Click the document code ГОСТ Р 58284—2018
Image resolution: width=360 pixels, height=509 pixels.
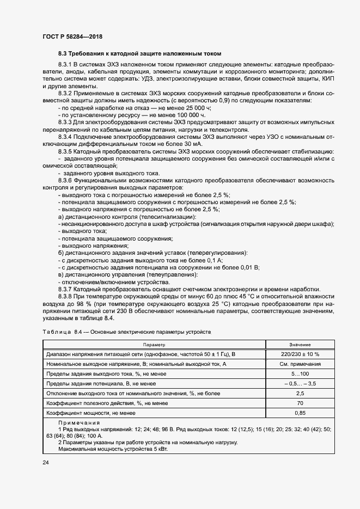pos(72,36)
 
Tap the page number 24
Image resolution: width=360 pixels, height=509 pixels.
pos(45,463)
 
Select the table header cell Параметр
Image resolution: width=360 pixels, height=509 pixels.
pos(154,345)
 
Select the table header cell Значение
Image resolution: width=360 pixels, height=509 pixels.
pos(300,345)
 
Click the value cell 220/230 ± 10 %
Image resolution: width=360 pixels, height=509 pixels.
pos(300,354)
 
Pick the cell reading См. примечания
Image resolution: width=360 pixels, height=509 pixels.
pos(300,364)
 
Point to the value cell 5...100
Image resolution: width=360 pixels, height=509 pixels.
pos(300,374)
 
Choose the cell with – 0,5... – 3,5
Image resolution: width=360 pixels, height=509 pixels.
pos(300,384)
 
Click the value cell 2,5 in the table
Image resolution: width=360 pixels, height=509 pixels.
pos(300,394)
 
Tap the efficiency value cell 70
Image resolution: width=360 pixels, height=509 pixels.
pos(300,403)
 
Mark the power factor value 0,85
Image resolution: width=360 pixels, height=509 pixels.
pos(300,413)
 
